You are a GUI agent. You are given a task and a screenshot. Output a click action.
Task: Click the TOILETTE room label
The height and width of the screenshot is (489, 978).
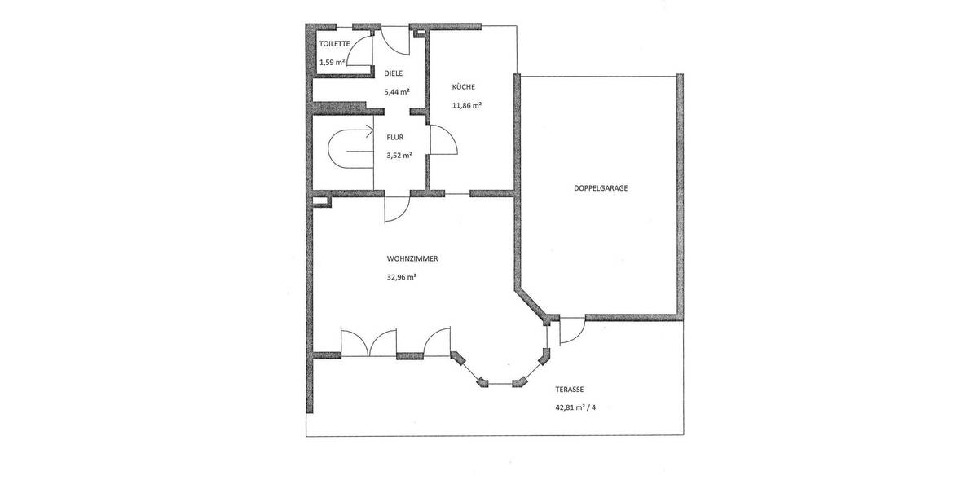pos(334,43)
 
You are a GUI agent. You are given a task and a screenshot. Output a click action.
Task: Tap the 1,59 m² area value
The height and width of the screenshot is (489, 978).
pos(333,62)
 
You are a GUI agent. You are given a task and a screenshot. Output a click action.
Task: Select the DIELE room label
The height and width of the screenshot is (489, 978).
pos(394,73)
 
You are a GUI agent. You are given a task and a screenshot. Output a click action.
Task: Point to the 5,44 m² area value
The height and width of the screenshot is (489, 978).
pos(396,91)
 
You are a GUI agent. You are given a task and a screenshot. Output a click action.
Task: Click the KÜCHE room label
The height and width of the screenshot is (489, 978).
pos(464,87)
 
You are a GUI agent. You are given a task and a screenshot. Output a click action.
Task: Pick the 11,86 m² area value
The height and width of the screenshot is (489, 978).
pos(467,105)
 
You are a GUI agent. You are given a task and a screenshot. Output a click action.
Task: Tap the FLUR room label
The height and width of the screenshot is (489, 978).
pos(395,137)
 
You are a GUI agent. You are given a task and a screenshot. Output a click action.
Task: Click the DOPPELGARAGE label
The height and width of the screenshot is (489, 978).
pos(600,187)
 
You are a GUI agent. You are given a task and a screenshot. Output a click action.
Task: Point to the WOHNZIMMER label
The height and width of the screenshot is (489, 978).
pos(412,258)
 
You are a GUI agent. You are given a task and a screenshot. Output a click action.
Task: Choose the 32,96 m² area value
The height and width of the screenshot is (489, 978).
pos(402,277)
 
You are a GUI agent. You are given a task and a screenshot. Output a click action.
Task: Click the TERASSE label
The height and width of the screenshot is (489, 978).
pos(571,390)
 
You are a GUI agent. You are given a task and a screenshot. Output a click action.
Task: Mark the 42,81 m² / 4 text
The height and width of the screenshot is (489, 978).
pos(580,407)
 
